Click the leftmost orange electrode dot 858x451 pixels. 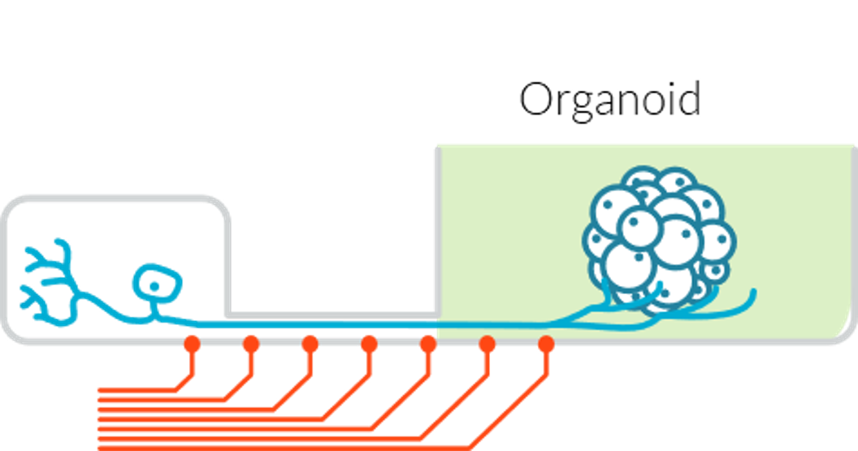pos(192,344)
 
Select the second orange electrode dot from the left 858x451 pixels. pos(251,344)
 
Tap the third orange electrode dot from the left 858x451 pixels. pos(310,344)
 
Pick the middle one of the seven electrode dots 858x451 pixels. pos(369,344)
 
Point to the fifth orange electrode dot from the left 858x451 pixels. pos(428,344)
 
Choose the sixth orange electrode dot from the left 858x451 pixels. pos(487,344)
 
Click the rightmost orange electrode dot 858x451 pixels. pos(546,344)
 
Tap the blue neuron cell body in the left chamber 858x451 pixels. pos(156,283)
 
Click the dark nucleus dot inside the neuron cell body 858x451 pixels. pos(154,285)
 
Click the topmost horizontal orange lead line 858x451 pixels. pos(138,391)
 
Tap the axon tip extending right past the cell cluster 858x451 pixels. pos(752,294)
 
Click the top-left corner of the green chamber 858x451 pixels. pos(440,149)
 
